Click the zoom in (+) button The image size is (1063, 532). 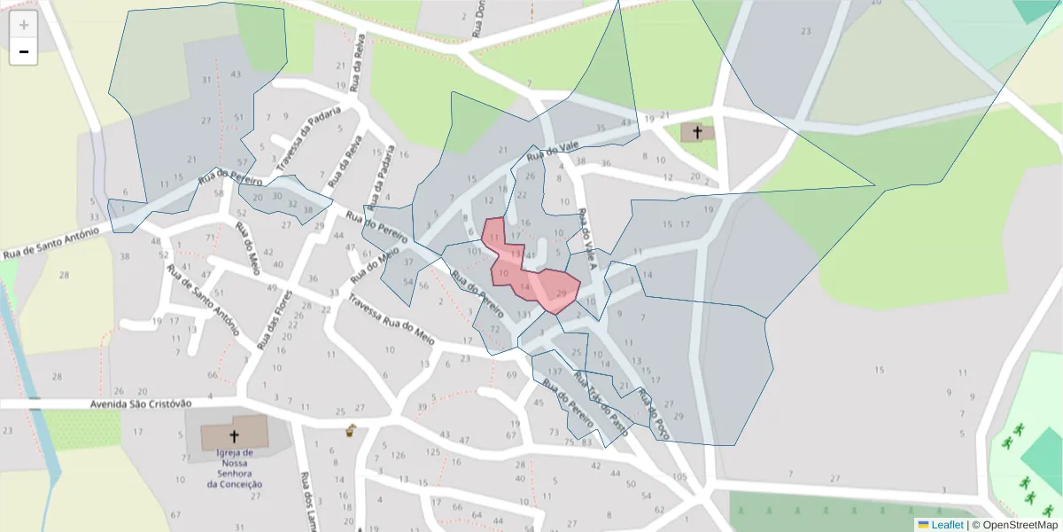coord(24,25)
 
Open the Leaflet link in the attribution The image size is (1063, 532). coord(946,525)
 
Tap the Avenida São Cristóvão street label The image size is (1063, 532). coord(141,403)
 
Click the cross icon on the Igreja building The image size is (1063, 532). coord(235,435)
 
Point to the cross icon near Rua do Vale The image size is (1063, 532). coord(697,133)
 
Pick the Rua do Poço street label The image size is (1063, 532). coord(655,413)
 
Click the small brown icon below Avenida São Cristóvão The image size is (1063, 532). coord(351,433)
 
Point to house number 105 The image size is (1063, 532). coord(679,477)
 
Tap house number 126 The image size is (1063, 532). coord(399,456)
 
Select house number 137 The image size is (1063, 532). coord(555,371)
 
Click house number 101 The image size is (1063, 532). coord(475,251)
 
